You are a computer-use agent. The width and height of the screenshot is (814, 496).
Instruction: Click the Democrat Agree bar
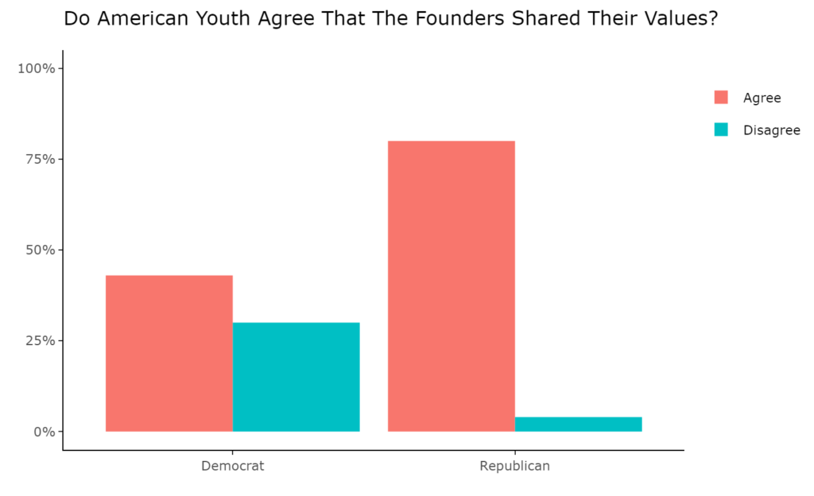point(169,353)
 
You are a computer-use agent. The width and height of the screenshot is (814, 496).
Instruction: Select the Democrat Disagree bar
point(296,377)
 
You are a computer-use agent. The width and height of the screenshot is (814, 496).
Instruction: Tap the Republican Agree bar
point(451,286)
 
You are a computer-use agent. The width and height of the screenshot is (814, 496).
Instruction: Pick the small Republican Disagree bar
point(578,424)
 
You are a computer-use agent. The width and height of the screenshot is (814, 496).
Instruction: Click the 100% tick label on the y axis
point(37,68)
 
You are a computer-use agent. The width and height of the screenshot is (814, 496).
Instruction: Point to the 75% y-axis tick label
point(40,159)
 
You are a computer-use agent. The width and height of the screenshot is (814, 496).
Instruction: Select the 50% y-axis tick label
point(40,250)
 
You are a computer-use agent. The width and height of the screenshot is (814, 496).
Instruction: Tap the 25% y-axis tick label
point(40,340)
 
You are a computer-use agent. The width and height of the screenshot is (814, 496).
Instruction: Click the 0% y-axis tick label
point(44,432)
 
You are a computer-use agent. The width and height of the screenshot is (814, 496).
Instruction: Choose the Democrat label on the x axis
point(232,466)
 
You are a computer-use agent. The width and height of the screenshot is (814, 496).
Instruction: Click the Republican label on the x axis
point(514,466)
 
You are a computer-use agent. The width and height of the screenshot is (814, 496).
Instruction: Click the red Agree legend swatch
point(721,98)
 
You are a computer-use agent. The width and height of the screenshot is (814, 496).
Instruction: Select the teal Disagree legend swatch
point(721,130)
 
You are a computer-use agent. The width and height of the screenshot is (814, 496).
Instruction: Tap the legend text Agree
point(762,98)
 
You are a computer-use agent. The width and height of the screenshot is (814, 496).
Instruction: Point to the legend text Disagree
point(771,130)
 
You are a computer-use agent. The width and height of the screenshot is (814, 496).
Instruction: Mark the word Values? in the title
point(683,19)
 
